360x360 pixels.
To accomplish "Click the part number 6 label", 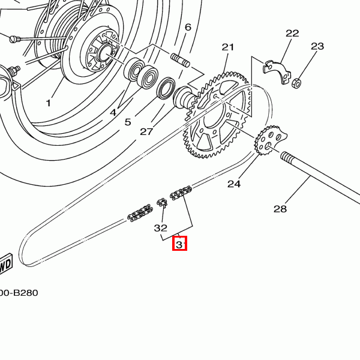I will [x=188, y=27].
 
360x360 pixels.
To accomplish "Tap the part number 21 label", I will [x=229, y=47].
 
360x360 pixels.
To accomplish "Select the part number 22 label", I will [x=292, y=34].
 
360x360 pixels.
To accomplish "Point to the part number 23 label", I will [x=317, y=47].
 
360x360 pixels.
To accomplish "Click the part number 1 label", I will [x=49, y=103].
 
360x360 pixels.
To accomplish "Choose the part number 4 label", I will [x=113, y=112].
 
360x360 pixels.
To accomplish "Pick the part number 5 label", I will [x=128, y=122].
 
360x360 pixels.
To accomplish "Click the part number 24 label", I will [x=233, y=184].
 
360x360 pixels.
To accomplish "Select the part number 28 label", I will [x=280, y=209].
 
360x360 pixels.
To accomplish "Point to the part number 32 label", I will [x=160, y=228].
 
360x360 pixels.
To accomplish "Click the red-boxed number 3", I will [x=179, y=244].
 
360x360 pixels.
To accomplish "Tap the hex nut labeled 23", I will [x=296, y=82].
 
